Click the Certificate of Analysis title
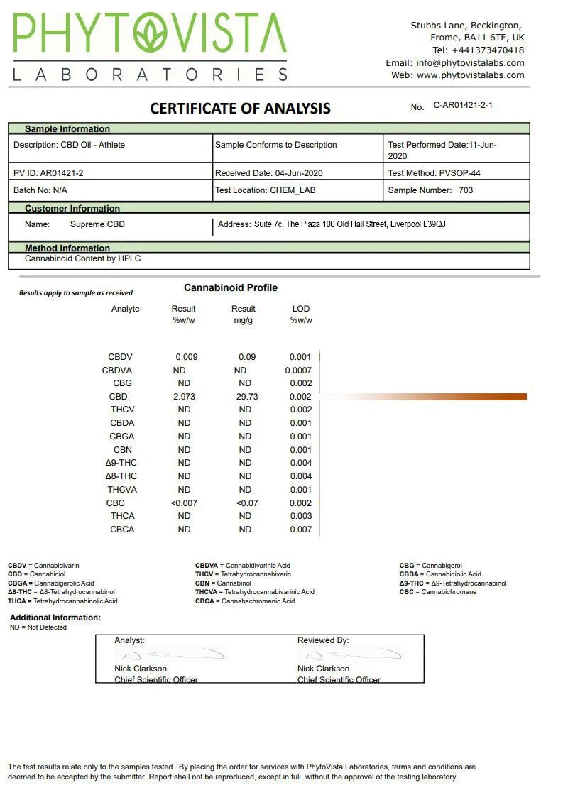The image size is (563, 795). (240, 109)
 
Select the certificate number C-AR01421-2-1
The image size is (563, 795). (463, 106)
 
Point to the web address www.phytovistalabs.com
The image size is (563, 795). (471, 75)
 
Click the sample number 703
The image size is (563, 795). (466, 190)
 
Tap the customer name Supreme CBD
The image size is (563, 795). (97, 224)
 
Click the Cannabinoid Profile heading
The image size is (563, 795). (231, 287)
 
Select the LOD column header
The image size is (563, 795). (301, 309)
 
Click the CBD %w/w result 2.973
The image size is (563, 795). (184, 397)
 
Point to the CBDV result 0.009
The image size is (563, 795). (187, 357)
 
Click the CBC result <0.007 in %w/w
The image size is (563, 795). (184, 503)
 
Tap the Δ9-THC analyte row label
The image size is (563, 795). (121, 463)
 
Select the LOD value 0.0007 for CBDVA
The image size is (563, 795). (298, 371)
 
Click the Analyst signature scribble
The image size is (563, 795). (170, 654)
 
